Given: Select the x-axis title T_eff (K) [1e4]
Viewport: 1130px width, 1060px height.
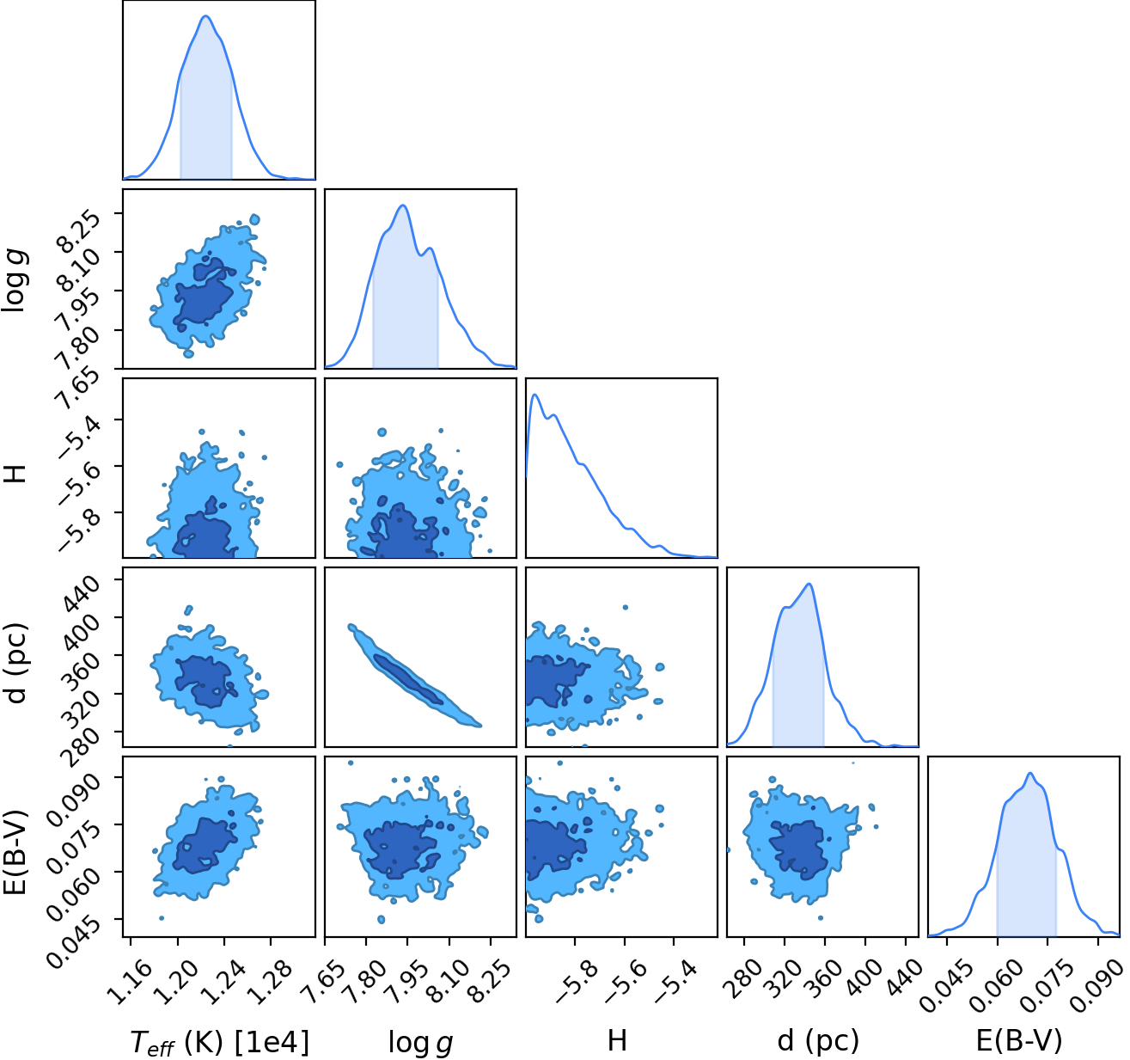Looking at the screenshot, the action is tap(220, 1043).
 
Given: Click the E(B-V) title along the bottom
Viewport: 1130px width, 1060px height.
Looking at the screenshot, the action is tap(1019, 1041).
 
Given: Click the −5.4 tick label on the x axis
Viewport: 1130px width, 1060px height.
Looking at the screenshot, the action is tap(673, 979).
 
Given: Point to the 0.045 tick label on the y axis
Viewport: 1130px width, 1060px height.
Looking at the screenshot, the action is tap(66, 934).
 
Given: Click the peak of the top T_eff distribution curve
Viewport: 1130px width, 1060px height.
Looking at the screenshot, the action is tap(206, 16).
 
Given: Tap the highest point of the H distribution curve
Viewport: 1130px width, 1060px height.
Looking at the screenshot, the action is tap(534, 394).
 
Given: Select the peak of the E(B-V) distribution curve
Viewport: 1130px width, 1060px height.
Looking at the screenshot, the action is tap(1029, 773).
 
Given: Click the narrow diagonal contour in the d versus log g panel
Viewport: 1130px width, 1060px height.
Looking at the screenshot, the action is tap(414, 676).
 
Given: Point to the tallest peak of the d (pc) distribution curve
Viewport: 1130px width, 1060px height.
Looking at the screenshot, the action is tap(809, 584).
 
